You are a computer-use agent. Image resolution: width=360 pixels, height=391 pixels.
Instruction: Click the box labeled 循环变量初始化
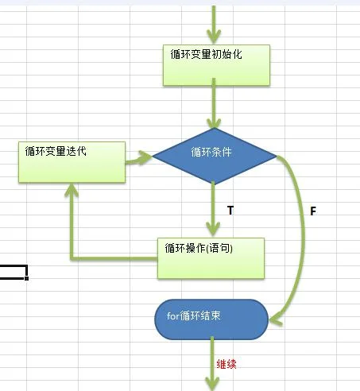click(216, 65)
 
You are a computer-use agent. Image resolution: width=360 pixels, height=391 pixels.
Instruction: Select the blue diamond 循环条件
click(215, 156)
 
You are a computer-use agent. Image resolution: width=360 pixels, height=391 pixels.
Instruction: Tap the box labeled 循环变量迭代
click(72, 162)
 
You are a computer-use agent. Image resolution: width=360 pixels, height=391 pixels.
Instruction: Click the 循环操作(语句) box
click(211, 258)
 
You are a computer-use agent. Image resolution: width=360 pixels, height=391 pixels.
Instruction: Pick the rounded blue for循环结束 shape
click(211, 319)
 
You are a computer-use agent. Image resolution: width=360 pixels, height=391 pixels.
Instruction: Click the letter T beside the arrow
click(230, 211)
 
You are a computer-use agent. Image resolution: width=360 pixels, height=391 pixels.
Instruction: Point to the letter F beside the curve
click(313, 211)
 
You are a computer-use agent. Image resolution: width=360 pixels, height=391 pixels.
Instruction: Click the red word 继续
click(226, 364)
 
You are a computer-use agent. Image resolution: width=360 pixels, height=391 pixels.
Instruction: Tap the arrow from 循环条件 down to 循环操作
click(213, 209)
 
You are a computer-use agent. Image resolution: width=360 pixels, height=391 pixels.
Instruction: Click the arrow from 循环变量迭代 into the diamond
click(138, 159)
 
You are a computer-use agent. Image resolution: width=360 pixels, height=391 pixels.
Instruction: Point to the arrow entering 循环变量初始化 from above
click(214, 25)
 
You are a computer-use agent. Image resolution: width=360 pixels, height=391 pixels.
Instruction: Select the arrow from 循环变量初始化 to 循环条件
click(214, 103)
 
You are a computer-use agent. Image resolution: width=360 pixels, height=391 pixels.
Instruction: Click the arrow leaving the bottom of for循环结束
click(212, 363)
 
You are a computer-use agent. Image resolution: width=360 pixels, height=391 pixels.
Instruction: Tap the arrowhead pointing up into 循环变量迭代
click(72, 190)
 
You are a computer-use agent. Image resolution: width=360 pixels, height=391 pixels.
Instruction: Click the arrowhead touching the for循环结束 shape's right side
click(276, 320)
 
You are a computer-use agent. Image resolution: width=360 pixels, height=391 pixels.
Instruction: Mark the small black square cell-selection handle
click(26, 278)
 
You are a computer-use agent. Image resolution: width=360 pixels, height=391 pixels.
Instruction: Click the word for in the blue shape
click(173, 316)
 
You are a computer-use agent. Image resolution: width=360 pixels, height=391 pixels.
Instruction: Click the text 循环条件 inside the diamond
click(211, 152)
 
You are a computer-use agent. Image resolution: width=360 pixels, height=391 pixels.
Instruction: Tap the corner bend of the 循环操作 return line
click(72, 258)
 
